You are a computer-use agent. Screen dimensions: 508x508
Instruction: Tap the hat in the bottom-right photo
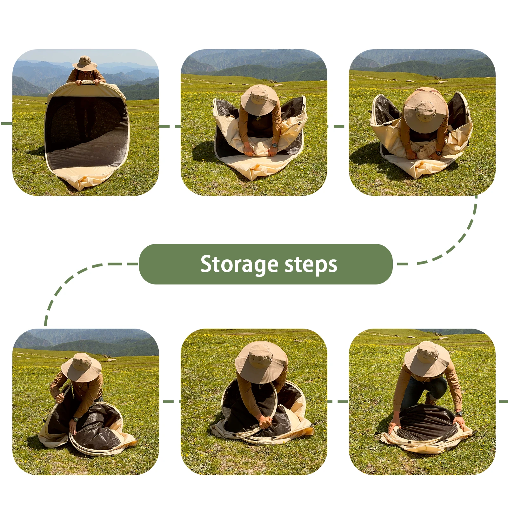point(427,359)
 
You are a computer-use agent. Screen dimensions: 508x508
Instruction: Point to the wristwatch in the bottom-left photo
point(76,419)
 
